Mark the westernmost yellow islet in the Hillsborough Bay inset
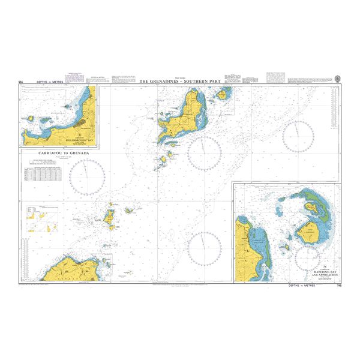29,119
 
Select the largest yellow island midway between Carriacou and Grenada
111,219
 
